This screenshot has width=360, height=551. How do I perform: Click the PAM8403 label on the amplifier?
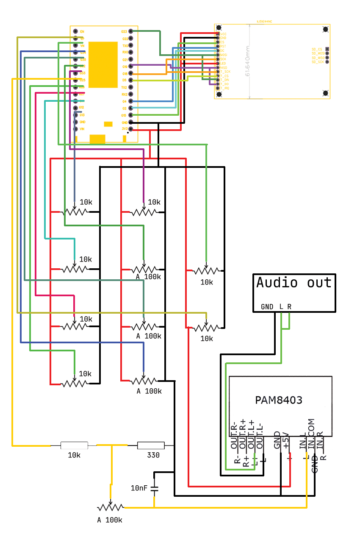[x=279, y=400]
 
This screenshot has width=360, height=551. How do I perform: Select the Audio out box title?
[x=294, y=283]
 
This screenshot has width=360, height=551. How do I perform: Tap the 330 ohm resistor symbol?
[x=151, y=445]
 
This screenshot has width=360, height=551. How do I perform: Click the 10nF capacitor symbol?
[x=154, y=489]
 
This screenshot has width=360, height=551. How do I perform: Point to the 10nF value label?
[x=139, y=488]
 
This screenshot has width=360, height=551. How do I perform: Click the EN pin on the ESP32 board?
[x=75, y=31]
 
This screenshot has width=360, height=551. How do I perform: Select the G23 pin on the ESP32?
[x=130, y=31]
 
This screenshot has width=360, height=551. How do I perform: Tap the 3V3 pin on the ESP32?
[x=130, y=129]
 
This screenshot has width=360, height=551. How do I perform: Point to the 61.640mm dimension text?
[x=247, y=61]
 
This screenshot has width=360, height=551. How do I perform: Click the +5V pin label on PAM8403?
[x=286, y=440]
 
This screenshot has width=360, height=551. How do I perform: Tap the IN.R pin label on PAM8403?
[x=320, y=440]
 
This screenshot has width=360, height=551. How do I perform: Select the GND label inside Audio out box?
[x=267, y=307]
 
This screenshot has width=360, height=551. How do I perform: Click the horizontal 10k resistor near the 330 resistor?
[x=74, y=445]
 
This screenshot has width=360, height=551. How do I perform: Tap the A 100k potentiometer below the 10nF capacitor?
[x=110, y=507]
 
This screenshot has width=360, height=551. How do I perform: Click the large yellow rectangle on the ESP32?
[x=103, y=64]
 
